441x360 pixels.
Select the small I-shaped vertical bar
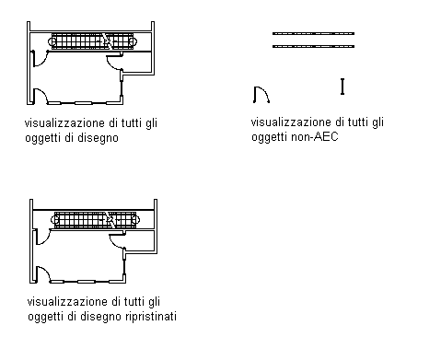[342, 87]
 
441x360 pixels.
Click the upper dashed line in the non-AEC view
[313, 33]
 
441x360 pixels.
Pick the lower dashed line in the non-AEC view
[313, 46]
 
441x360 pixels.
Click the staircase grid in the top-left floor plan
[91, 41]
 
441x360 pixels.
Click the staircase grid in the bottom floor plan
[95, 219]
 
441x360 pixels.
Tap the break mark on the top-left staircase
[107, 41]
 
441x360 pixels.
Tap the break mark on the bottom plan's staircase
[110, 219]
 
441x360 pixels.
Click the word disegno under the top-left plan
[98, 137]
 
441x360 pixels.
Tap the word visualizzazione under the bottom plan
[67, 301]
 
